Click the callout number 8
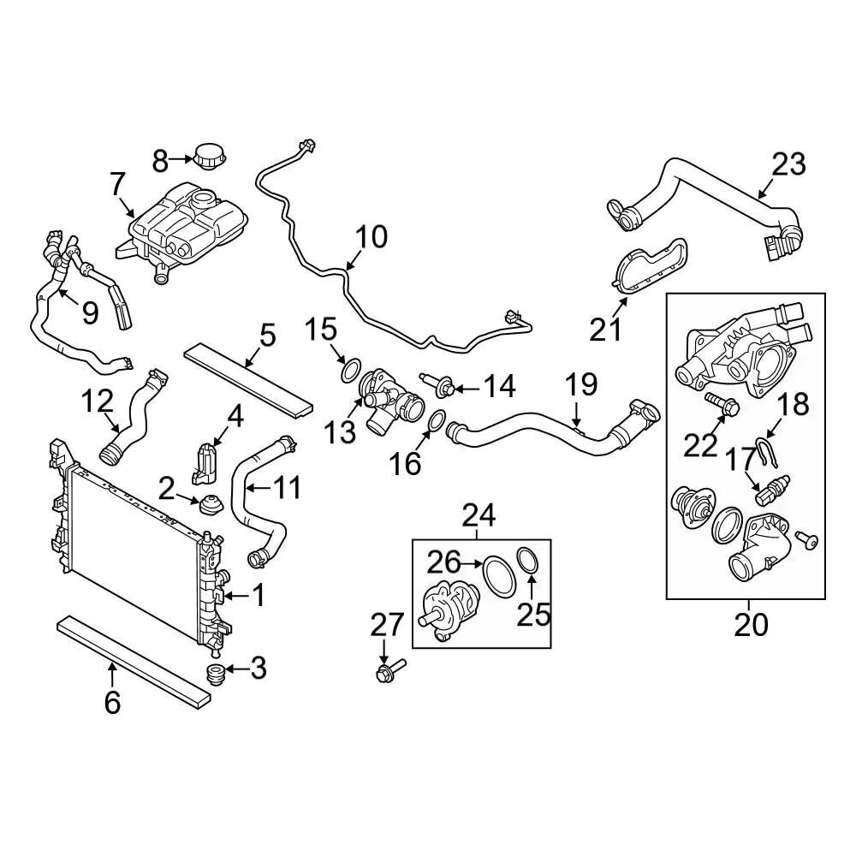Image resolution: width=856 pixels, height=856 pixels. tap(161, 159)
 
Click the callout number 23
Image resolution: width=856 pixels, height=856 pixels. tap(788, 163)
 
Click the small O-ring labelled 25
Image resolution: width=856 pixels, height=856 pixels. tap(529, 562)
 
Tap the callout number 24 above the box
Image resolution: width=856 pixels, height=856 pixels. tap(479, 515)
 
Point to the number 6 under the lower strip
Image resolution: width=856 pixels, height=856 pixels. tap(112, 702)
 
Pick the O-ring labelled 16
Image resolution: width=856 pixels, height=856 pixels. tap(435, 421)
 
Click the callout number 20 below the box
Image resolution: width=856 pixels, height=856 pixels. tap(751, 625)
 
